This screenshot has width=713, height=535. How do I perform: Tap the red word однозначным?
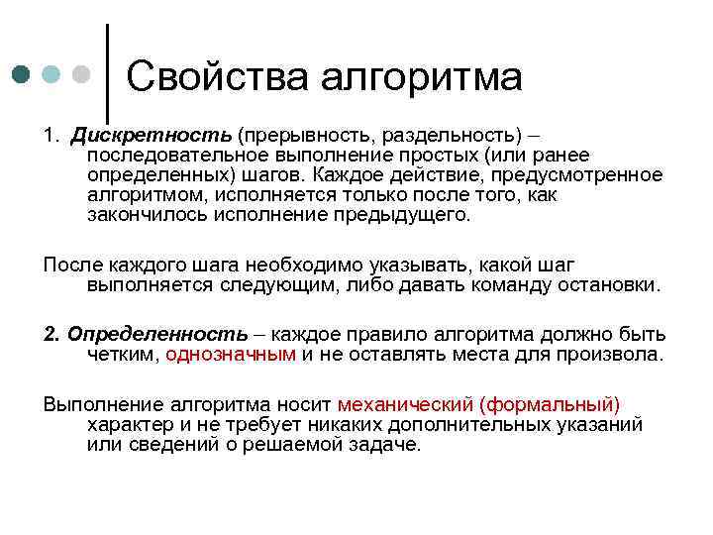click(x=231, y=355)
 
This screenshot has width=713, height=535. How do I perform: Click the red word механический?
click(x=405, y=405)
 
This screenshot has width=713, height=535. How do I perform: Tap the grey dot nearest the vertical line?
click(x=83, y=74)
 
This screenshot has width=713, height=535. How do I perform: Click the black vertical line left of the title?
click(x=106, y=69)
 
